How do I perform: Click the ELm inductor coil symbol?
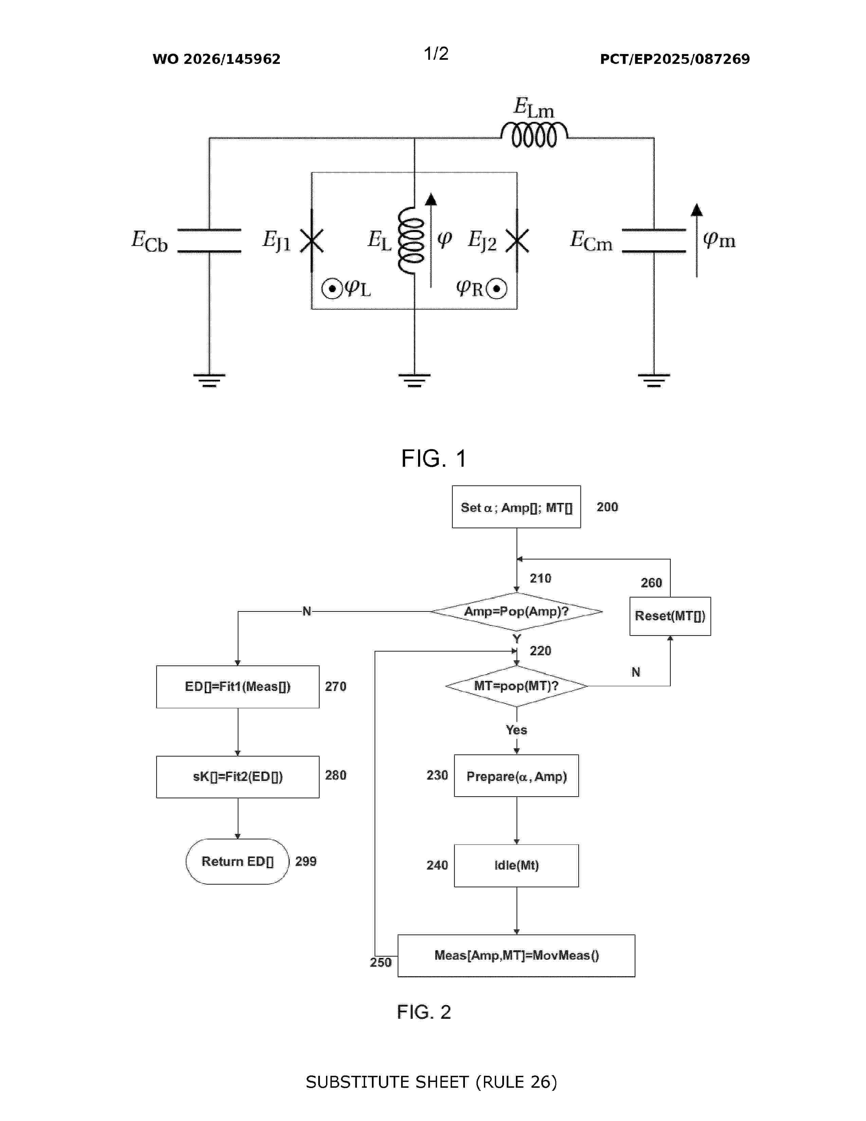pos(534,135)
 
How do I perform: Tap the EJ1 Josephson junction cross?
pos(311,240)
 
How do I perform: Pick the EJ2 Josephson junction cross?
pos(517,240)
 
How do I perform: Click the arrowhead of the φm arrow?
pos(697,209)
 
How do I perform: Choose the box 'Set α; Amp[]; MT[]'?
pos(516,506)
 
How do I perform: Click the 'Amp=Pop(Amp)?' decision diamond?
pos(517,611)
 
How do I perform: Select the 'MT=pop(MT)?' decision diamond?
pos(517,686)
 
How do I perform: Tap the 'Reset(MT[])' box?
pos(670,616)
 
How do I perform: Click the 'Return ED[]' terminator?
pos(237,861)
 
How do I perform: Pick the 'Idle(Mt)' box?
pos(517,866)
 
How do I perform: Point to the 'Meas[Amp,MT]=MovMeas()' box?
pos(517,955)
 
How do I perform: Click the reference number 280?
pos(336,775)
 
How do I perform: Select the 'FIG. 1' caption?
pos(434,458)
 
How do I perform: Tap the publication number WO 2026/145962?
pos(217,59)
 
